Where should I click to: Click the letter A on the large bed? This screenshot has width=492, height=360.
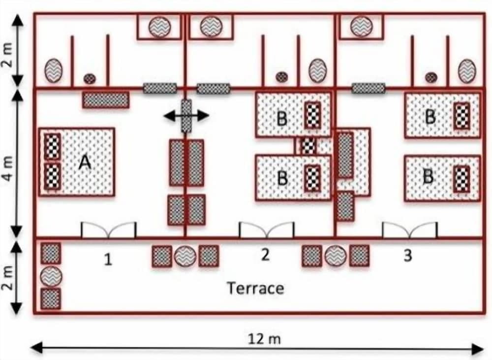85,163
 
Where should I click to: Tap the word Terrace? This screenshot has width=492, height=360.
255,288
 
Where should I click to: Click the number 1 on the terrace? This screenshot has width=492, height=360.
108,259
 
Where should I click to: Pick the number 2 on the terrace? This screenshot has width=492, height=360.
265,255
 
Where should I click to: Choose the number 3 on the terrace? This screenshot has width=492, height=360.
407,256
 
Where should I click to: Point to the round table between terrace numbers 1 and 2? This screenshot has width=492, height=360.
185,256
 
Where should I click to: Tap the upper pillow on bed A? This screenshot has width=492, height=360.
52,146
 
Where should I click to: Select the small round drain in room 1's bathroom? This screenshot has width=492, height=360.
89,78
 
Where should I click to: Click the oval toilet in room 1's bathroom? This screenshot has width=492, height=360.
53,71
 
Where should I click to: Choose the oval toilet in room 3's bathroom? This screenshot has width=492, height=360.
467,71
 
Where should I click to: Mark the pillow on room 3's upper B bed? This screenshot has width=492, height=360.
461,116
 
